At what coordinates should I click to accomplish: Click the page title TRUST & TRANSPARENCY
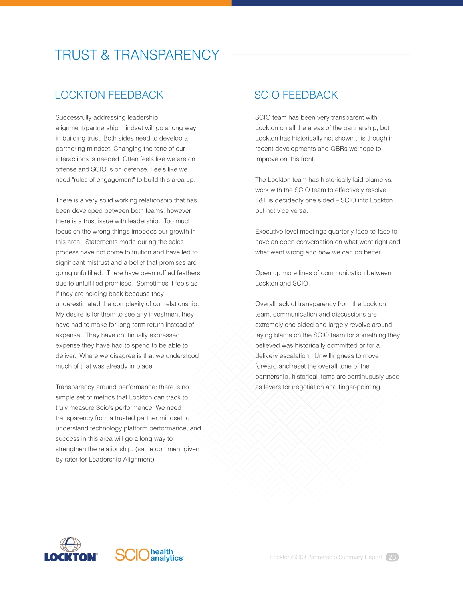click(x=137, y=55)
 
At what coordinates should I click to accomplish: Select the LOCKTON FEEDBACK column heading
click(x=109, y=95)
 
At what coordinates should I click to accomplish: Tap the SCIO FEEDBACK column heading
click(x=296, y=95)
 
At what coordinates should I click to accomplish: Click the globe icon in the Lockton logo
click(x=70, y=544)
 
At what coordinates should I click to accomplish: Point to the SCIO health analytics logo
click(x=149, y=555)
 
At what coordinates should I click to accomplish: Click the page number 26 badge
click(x=392, y=557)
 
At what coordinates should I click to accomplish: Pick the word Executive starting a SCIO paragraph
click(x=269, y=232)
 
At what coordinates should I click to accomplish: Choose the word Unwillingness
click(x=334, y=356)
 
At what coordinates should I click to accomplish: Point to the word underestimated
click(x=77, y=304)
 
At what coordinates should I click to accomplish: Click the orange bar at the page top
click(x=115, y=3)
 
